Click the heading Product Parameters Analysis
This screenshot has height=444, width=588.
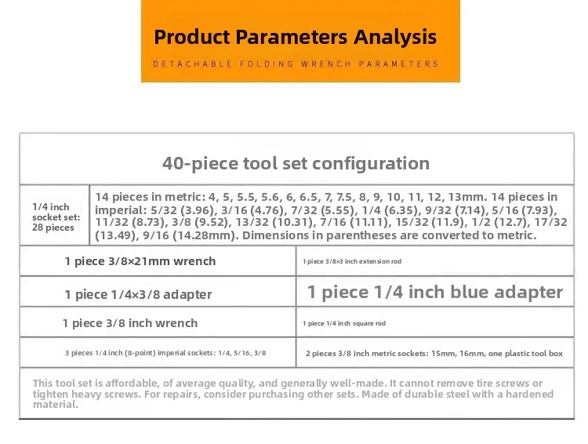click(295, 37)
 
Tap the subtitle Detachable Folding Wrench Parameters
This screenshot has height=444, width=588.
click(296, 64)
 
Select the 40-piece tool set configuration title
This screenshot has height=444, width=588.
click(296, 164)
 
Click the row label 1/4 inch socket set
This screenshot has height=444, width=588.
click(56, 217)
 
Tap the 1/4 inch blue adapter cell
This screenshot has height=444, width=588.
click(435, 292)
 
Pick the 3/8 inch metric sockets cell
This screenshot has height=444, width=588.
click(434, 354)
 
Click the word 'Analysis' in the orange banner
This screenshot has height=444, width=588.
click(395, 37)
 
